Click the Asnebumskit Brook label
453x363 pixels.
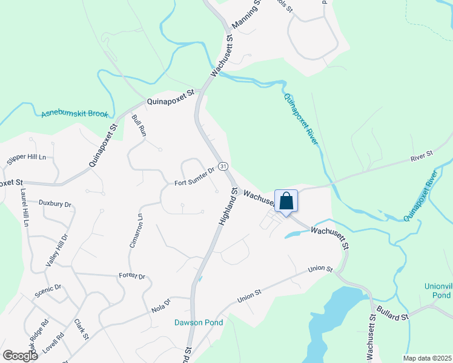click(x=74, y=114)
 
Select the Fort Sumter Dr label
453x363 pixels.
click(x=195, y=177)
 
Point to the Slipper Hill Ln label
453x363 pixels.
click(x=27, y=157)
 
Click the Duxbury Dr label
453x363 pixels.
click(x=55, y=204)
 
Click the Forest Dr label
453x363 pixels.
click(x=132, y=276)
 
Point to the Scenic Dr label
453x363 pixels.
click(x=48, y=288)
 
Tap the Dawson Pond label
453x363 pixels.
click(x=199, y=322)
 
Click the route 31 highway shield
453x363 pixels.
click(x=223, y=166)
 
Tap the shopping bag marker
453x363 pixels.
click(x=287, y=201)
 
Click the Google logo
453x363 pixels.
click(x=21, y=355)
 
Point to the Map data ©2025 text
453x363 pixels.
click(x=427, y=358)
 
